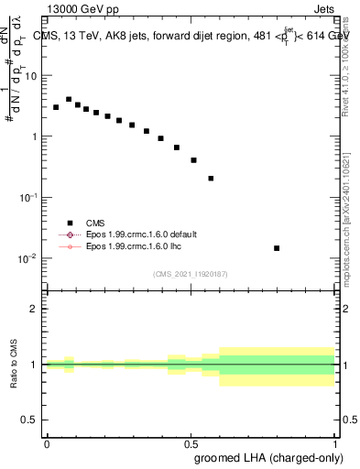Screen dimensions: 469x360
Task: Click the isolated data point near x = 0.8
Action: (277, 248)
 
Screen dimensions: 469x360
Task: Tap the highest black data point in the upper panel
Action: (69, 99)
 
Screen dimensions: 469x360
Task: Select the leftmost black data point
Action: (56, 107)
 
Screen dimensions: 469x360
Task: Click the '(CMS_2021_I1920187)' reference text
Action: (190, 273)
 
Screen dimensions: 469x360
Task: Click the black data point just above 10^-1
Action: (211, 179)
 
